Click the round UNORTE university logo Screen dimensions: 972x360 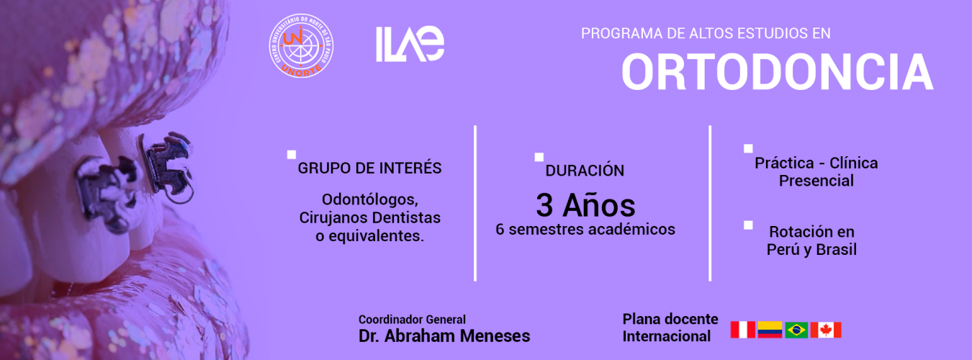301,45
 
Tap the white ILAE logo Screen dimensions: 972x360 410,44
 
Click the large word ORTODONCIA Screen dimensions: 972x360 778,72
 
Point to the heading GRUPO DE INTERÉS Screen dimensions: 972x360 369,168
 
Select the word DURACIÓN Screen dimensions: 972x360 585,171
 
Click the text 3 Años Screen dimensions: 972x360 585,205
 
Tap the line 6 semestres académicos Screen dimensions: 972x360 585,230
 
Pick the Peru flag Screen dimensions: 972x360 742,330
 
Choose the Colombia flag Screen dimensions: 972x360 770,330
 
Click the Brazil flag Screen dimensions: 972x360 796,330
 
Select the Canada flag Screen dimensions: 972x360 826,330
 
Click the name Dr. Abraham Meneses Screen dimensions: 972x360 444,336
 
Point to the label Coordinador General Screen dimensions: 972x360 412,320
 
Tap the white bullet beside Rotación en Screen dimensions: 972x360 748,225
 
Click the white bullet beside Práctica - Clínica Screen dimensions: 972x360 748,149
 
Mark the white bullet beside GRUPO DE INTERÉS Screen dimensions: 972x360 292,155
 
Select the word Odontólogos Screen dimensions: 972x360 370,199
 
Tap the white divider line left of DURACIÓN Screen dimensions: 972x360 475,204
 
